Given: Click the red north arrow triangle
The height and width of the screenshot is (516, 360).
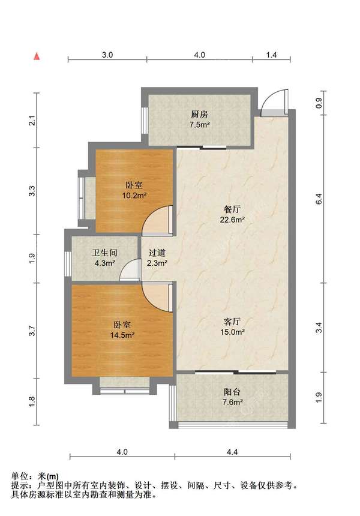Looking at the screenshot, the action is pyautogui.click(x=37, y=56).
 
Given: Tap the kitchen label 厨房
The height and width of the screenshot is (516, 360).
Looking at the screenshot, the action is pyautogui.click(x=199, y=115).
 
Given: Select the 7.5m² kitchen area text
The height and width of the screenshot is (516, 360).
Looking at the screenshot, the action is pyautogui.click(x=199, y=125).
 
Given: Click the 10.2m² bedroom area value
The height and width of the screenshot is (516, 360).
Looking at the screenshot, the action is pyautogui.click(x=134, y=196).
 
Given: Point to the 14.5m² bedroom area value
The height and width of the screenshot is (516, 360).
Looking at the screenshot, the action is pyautogui.click(x=122, y=335).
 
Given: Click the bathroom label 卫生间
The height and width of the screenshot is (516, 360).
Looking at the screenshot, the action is pyautogui.click(x=104, y=253).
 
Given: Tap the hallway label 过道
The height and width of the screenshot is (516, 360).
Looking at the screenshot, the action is pyautogui.click(x=157, y=253).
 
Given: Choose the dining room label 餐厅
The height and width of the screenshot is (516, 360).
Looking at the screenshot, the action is pyautogui.click(x=232, y=209).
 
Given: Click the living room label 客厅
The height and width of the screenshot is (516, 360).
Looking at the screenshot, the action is pyautogui.click(x=232, y=322).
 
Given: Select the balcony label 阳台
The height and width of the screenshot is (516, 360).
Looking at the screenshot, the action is pyautogui.click(x=232, y=392).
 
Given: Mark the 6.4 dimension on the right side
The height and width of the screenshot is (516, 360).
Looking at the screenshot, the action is pyautogui.click(x=319, y=199).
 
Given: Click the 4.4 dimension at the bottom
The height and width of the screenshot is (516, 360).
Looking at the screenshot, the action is pyautogui.click(x=232, y=452).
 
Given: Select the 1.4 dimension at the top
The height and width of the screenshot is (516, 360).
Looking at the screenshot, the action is pyautogui.click(x=271, y=55).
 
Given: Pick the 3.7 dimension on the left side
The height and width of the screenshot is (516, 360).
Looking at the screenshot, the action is pyautogui.click(x=32, y=331).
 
